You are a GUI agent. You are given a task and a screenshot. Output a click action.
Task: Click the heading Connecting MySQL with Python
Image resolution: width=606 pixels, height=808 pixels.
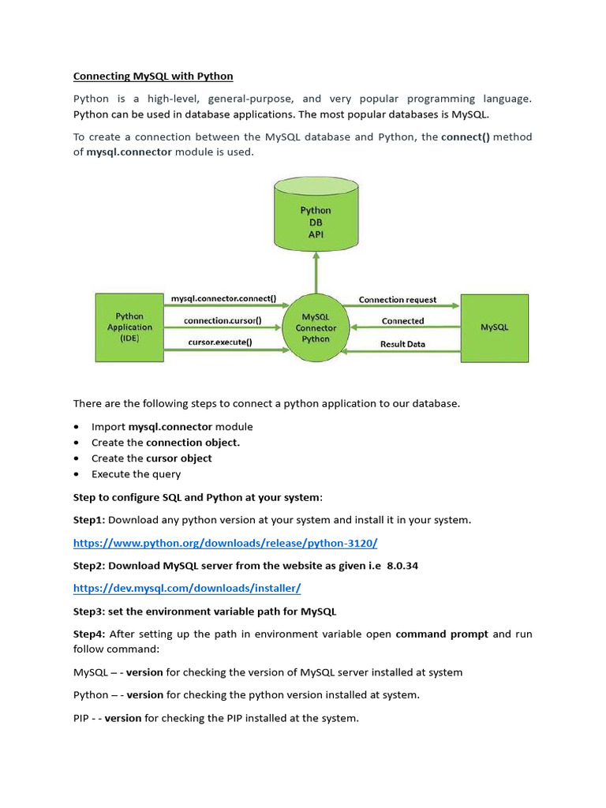click(153, 77)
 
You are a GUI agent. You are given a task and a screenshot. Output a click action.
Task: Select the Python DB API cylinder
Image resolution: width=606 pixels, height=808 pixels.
click(316, 218)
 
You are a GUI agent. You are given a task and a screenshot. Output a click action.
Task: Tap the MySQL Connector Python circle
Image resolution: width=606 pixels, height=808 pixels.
click(316, 327)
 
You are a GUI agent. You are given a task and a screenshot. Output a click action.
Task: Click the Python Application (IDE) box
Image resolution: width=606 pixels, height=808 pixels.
click(129, 327)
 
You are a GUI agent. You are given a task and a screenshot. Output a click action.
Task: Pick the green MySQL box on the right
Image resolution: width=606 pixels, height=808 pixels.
click(495, 327)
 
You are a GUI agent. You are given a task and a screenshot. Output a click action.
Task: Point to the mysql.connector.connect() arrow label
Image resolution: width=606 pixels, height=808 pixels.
click(223, 299)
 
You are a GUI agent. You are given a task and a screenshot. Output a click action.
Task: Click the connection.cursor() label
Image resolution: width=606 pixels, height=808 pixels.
click(223, 321)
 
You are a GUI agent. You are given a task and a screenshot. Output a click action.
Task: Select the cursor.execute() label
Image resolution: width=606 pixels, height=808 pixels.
click(220, 342)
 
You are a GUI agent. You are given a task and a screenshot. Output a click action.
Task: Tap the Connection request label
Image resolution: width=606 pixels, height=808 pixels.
click(398, 300)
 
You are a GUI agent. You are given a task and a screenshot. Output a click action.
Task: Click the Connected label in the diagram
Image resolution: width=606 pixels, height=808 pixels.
click(402, 321)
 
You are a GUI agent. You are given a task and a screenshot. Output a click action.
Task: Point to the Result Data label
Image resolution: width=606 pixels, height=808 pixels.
click(402, 344)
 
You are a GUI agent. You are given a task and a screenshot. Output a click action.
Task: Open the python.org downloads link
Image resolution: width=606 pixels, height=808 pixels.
click(226, 543)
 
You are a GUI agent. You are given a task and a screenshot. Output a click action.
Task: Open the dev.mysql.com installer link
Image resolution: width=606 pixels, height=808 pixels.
click(187, 588)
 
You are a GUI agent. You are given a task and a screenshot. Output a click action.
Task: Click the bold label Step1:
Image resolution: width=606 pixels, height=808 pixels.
click(89, 520)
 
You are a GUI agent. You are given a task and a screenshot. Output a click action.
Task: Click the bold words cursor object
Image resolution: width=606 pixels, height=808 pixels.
click(179, 458)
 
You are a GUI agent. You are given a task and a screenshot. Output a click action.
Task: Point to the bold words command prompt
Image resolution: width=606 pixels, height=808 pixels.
click(442, 634)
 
